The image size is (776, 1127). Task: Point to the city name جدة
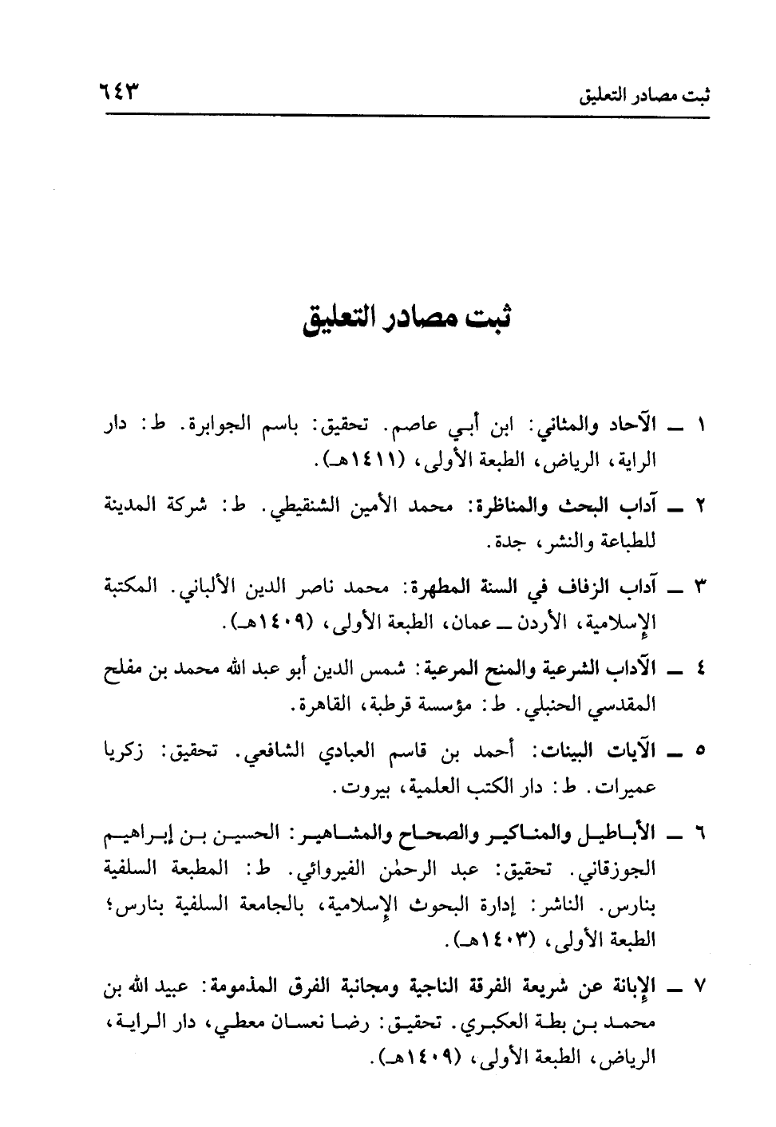coord(504,544)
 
